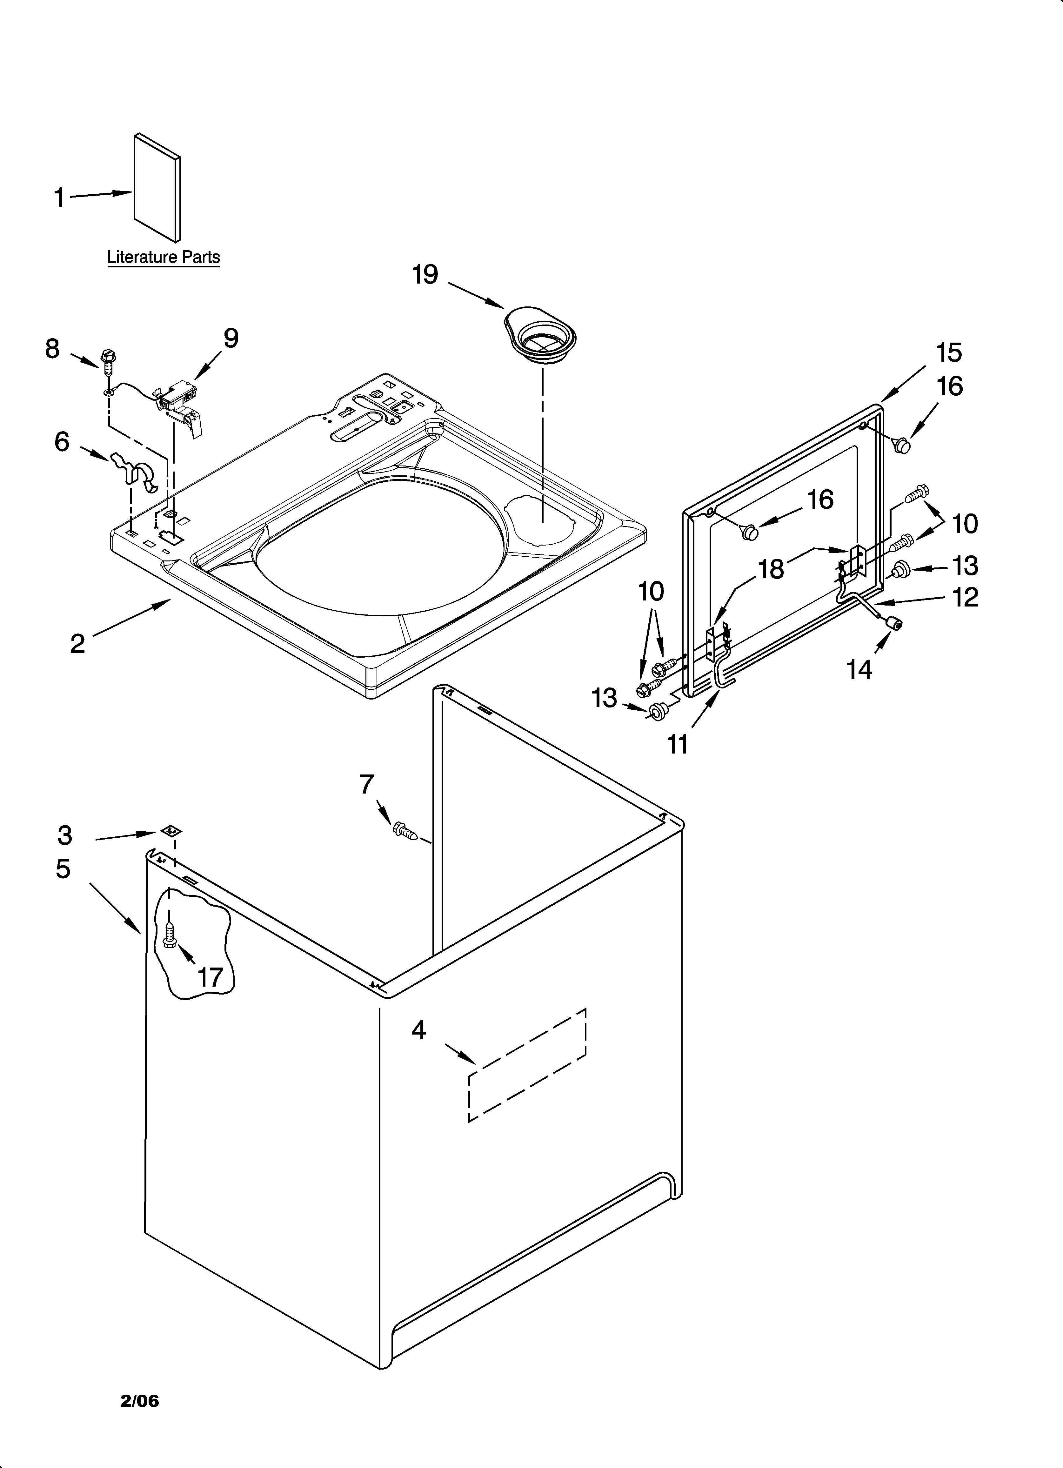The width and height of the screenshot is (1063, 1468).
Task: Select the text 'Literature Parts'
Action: pos(163,257)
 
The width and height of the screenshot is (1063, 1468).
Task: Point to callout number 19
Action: pos(425,275)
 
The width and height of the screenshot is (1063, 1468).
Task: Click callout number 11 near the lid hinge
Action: pos(678,744)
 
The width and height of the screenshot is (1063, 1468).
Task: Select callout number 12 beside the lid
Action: pos(965,597)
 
